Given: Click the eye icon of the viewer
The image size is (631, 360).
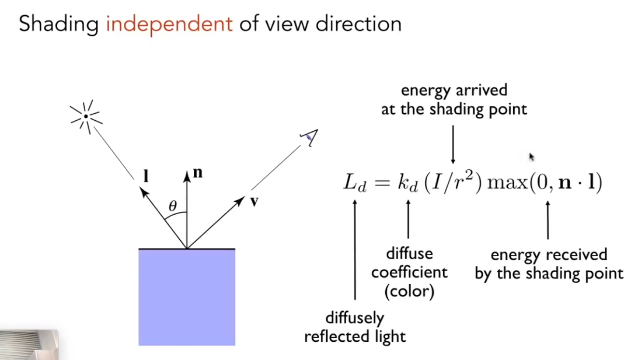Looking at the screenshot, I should tap(309, 137).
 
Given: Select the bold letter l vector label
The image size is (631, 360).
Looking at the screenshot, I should tap(146, 176).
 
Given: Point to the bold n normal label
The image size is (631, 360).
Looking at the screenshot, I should tap(198, 173).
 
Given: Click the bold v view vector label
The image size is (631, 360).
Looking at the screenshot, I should tap(254, 202).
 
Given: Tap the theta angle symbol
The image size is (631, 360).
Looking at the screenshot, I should tap(173, 206).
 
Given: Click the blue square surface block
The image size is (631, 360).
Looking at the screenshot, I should tap(186, 297).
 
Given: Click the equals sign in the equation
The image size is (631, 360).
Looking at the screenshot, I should tap(381, 183).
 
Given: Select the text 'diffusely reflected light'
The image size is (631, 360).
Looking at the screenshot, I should tap(355, 327).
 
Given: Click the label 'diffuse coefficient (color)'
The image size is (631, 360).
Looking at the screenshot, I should tap(409, 273).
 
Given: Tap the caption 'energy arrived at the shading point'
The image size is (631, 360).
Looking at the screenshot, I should tap(454, 100).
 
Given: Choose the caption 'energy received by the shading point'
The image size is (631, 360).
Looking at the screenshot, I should tap(549, 264).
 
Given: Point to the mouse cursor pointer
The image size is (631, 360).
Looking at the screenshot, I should tap(531, 157).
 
